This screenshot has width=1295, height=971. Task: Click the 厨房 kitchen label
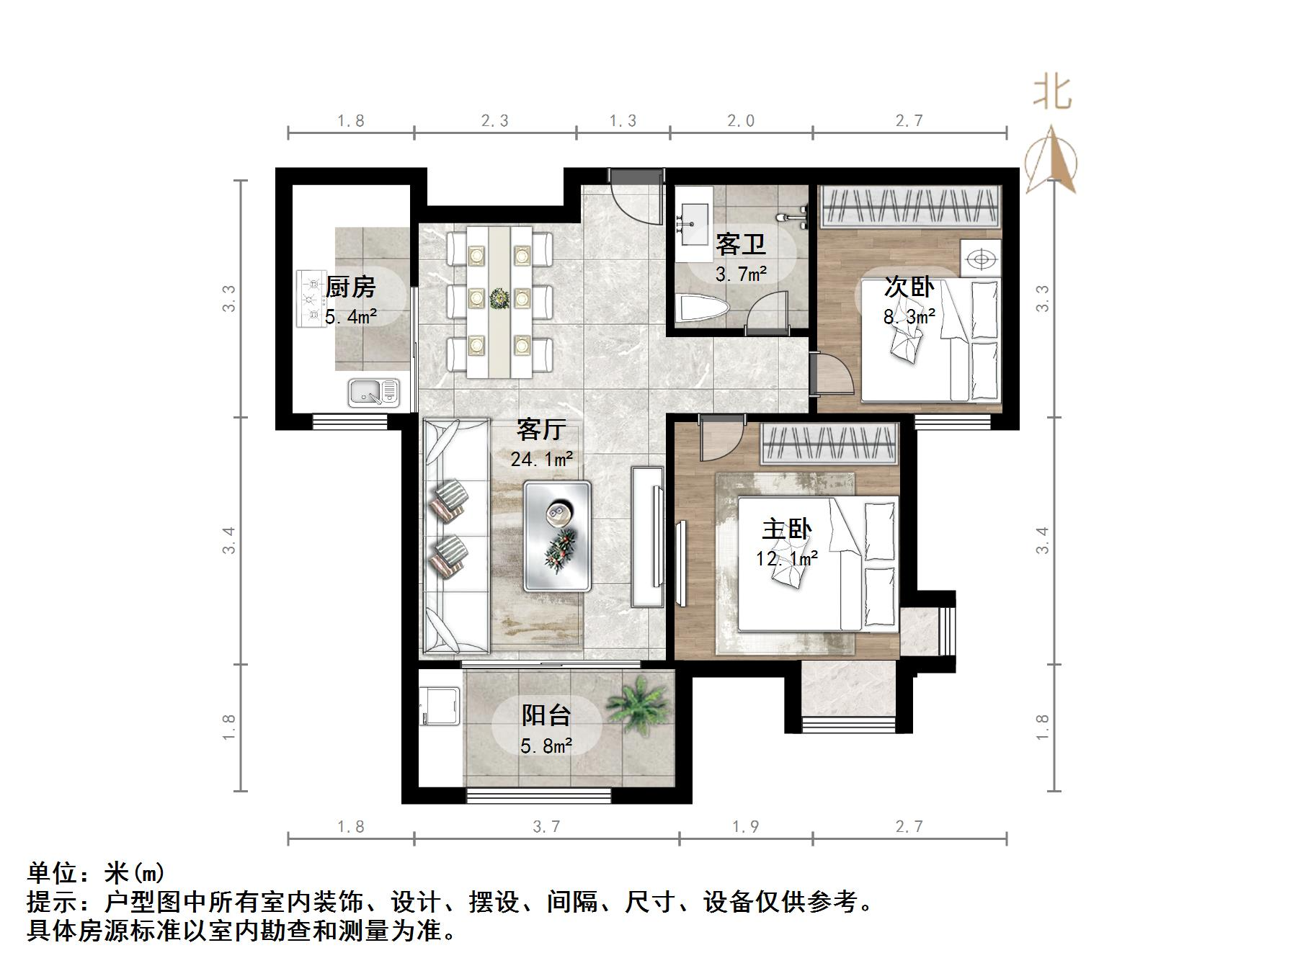351,287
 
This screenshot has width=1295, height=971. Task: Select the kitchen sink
373,393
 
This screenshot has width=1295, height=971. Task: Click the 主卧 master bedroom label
787,529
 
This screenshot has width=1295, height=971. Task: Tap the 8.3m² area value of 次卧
909,316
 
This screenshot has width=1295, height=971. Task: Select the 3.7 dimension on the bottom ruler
546,826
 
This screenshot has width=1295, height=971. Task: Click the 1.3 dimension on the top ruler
623,121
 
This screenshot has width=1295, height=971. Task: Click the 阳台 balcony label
546,715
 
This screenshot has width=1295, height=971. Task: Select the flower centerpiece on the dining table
499,297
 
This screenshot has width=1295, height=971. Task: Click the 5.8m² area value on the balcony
546,746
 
